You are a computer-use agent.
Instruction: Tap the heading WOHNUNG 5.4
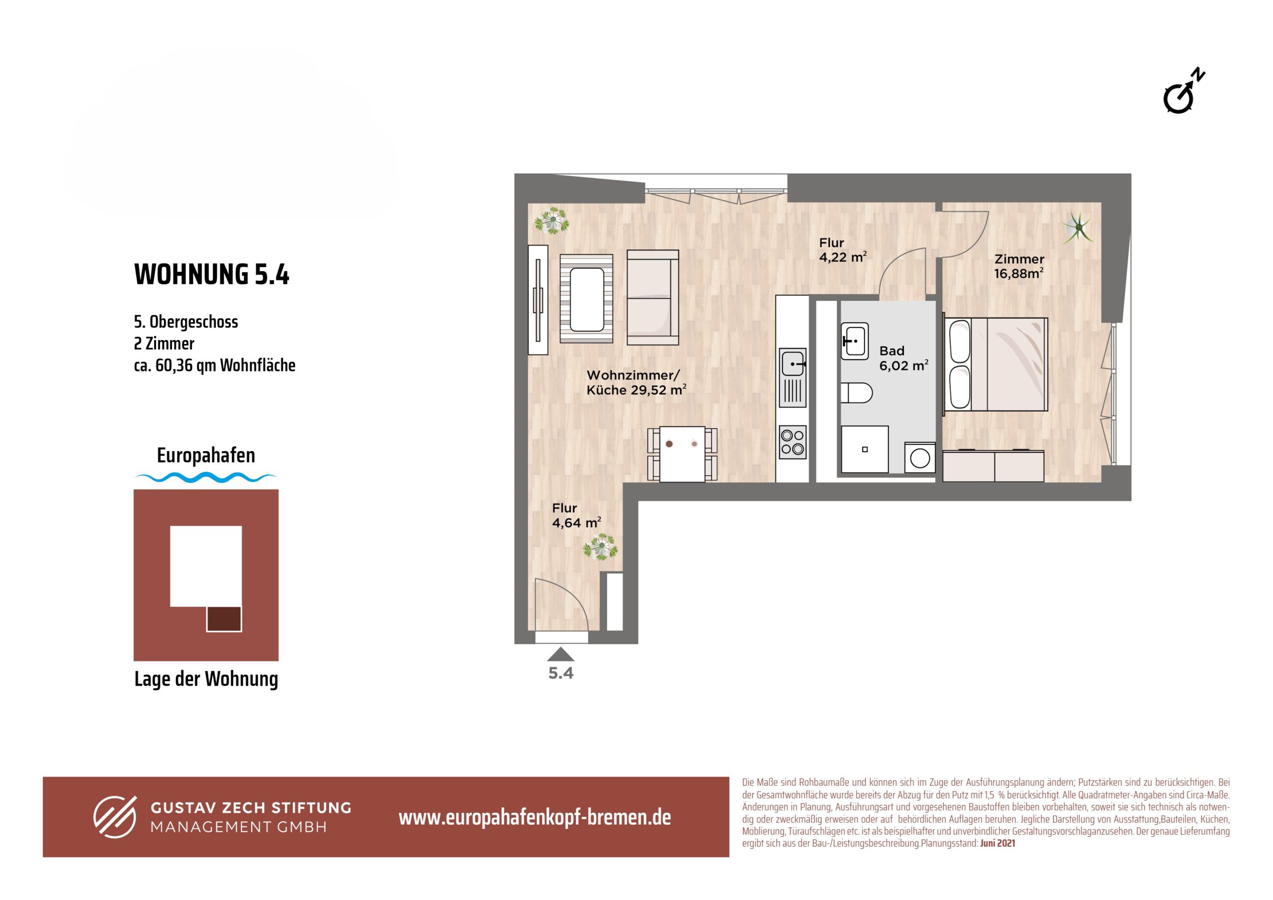click(x=211, y=274)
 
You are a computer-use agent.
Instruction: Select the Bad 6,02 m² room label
click(x=903, y=358)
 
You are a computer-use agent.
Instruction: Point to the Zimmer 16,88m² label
click(x=1018, y=266)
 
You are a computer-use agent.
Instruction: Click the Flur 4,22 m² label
click(x=843, y=250)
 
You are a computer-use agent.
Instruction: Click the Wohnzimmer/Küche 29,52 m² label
click(x=636, y=383)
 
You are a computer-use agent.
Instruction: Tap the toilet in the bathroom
click(x=856, y=393)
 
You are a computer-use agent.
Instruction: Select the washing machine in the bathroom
click(x=920, y=458)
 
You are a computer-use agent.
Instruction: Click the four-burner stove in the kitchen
click(x=792, y=442)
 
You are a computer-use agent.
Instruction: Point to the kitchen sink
click(x=792, y=377)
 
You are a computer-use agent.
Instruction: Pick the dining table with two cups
click(x=682, y=453)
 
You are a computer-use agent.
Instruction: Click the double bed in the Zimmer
click(x=996, y=364)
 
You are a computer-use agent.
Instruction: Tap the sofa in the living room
click(x=652, y=298)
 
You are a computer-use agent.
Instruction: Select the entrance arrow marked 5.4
click(x=560, y=654)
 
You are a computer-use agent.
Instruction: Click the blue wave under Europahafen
click(x=206, y=477)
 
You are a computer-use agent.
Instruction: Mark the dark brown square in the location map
click(x=224, y=619)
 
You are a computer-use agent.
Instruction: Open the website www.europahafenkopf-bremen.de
click(x=535, y=817)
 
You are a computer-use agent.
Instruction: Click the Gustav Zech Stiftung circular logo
click(x=115, y=817)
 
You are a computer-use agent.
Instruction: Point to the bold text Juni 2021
click(x=998, y=843)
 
